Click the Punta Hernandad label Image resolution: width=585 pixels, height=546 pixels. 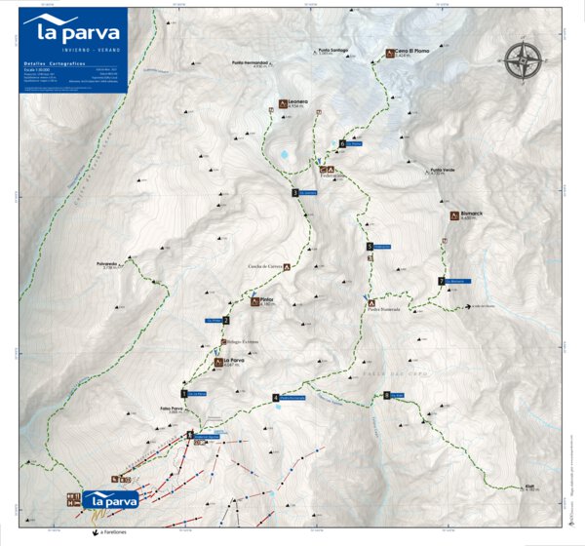249,65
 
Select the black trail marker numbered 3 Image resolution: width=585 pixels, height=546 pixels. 294,193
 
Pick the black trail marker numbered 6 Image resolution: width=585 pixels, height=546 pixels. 343,144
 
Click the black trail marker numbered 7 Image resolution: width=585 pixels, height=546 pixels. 442,282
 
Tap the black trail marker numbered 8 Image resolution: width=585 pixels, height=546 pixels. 387,395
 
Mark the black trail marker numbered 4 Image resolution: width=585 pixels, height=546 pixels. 276,397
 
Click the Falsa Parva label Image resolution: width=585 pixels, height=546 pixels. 170,409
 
